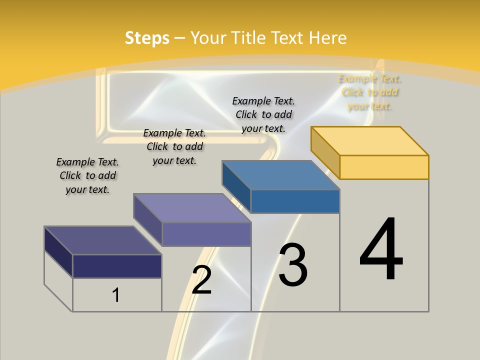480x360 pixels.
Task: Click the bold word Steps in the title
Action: [x=147, y=38]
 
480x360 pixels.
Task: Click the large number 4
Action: [x=381, y=250]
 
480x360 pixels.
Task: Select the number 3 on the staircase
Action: [x=292, y=264]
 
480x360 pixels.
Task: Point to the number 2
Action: [x=201, y=280]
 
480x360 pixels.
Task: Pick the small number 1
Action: [x=116, y=295]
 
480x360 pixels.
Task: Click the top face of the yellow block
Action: [x=370, y=140]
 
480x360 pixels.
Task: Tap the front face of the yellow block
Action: [x=384, y=167]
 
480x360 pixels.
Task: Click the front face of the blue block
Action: [x=295, y=201]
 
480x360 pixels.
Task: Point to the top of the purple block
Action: [x=192, y=208]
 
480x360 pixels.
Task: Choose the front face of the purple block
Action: [x=206, y=234]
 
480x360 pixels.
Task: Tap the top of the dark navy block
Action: [x=103, y=240]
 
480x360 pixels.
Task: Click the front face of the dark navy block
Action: [x=117, y=266]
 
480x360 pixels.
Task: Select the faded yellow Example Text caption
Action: [x=370, y=92]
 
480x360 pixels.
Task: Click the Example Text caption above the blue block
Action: [x=263, y=114]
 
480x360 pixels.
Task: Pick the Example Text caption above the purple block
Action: [x=174, y=146]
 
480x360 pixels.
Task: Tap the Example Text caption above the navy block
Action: [x=87, y=175]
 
